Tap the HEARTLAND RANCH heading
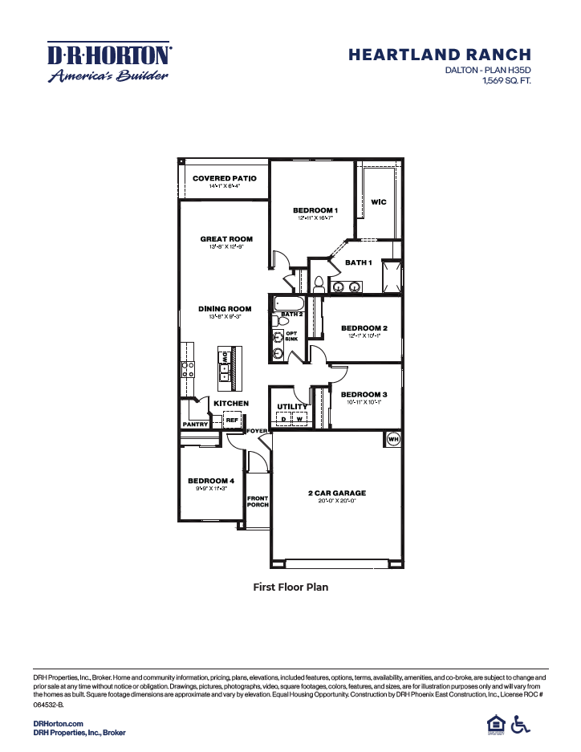coord(440,55)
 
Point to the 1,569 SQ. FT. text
coord(506,81)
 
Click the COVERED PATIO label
coord(225,178)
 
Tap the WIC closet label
coord(379,202)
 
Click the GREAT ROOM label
coord(226,238)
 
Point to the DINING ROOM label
coord(225,309)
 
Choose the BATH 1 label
coord(359,262)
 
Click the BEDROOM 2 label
coord(364,328)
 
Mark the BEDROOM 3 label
coord(364,394)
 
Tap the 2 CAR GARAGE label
coord(337,493)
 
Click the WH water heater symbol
coord(393,439)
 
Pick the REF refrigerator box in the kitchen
coord(232,420)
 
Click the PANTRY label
coord(196,424)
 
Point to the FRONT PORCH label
coord(258,502)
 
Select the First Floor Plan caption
coord(290,587)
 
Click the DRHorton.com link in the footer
coord(59,724)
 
